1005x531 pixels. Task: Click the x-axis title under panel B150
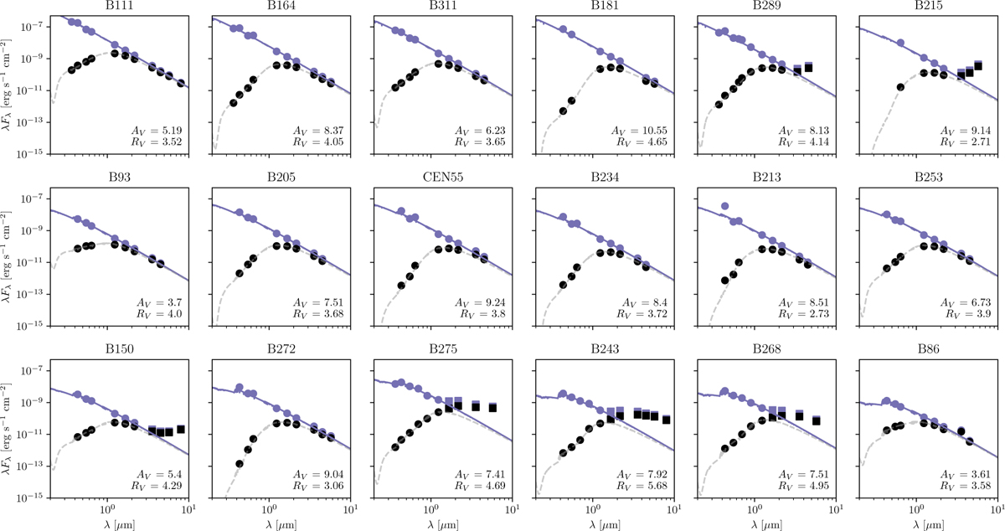click(106, 523)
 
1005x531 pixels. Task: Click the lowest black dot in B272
click(240, 464)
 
